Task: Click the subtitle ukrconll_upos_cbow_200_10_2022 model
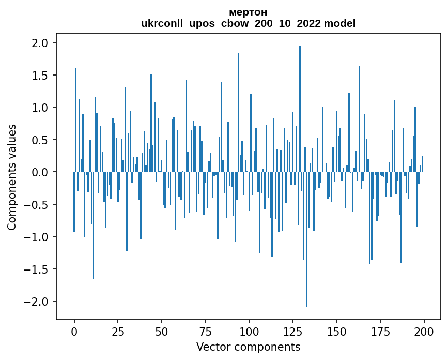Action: [248, 23]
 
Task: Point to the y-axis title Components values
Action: [12, 177]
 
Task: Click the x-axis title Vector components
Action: [248, 347]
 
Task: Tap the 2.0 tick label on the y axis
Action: [40, 43]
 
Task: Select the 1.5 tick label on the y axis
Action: [40, 76]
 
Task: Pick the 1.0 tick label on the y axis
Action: [40, 108]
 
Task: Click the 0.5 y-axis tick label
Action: [40, 140]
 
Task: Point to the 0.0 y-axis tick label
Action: [40, 172]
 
